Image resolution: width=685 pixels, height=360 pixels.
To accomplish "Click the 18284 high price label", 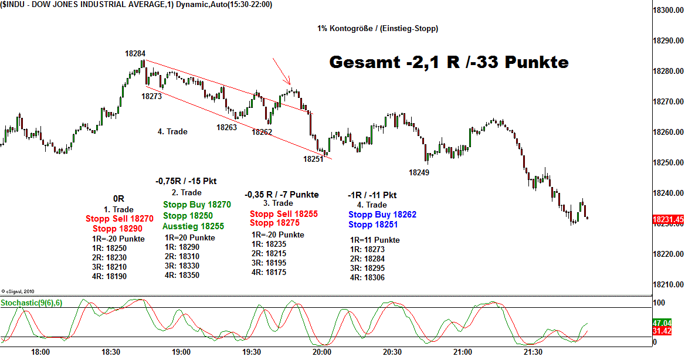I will [x=135, y=53].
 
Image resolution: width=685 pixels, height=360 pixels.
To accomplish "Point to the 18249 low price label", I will [x=419, y=172].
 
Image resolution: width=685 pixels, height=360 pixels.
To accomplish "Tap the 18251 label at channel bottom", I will [x=313, y=159].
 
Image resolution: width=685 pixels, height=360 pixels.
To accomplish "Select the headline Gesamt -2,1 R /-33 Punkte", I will [x=449, y=62].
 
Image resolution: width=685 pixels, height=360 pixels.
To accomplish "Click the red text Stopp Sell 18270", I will [x=120, y=219].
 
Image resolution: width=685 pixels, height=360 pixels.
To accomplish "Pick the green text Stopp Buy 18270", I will [x=197, y=205].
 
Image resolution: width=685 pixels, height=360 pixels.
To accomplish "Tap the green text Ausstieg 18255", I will [x=194, y=226].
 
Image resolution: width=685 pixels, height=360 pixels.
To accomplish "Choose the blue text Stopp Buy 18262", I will [x=382, y=215].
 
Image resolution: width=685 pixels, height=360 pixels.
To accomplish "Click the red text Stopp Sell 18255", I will [x=284, y=214].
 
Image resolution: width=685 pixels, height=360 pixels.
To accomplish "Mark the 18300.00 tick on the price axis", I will [x=669, y=11].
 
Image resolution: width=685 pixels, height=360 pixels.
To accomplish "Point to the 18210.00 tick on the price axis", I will [x=669, y=284].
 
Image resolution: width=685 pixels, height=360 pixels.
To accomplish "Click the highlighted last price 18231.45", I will [x=668, y=219].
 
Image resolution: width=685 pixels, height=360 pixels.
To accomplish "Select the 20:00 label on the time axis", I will [x=322, y=352].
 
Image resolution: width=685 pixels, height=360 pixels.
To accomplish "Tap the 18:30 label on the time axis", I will [x=111, y=352].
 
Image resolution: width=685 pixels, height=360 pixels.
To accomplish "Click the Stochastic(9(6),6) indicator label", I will [x=33, y=303].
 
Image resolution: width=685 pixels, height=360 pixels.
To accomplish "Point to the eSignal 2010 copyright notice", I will [x=19, y=291].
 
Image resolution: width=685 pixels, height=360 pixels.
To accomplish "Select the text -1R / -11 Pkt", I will [x=372, y=195].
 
